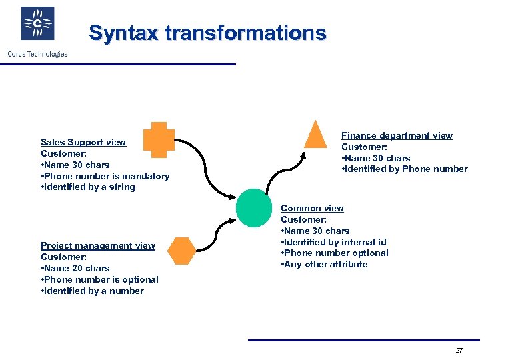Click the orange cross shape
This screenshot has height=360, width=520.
click(159, 140)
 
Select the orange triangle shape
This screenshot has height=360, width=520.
click(315, 135)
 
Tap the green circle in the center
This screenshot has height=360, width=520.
click(254, 207)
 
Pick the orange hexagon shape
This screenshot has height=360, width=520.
click(181, 251)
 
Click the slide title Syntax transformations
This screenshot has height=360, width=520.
click(207, 33)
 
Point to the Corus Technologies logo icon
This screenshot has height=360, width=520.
click(37, 24)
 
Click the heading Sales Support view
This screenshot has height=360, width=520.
click(83, 142)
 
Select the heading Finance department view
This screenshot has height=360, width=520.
click(397, 135)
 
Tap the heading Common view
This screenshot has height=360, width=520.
click(312, 208)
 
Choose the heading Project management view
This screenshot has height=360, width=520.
click(98, 245)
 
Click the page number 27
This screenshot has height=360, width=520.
click(459, 351)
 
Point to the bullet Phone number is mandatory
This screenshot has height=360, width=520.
click(105, 176)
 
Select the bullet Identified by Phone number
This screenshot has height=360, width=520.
click(405, 169)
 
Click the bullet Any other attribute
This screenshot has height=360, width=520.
click(325, 264)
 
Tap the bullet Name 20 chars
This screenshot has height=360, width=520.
click(75, 268)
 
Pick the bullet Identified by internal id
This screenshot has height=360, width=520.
click(334, 242)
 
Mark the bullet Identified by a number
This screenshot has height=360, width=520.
click(92, 291)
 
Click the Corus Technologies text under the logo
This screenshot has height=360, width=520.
click(37, 54)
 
